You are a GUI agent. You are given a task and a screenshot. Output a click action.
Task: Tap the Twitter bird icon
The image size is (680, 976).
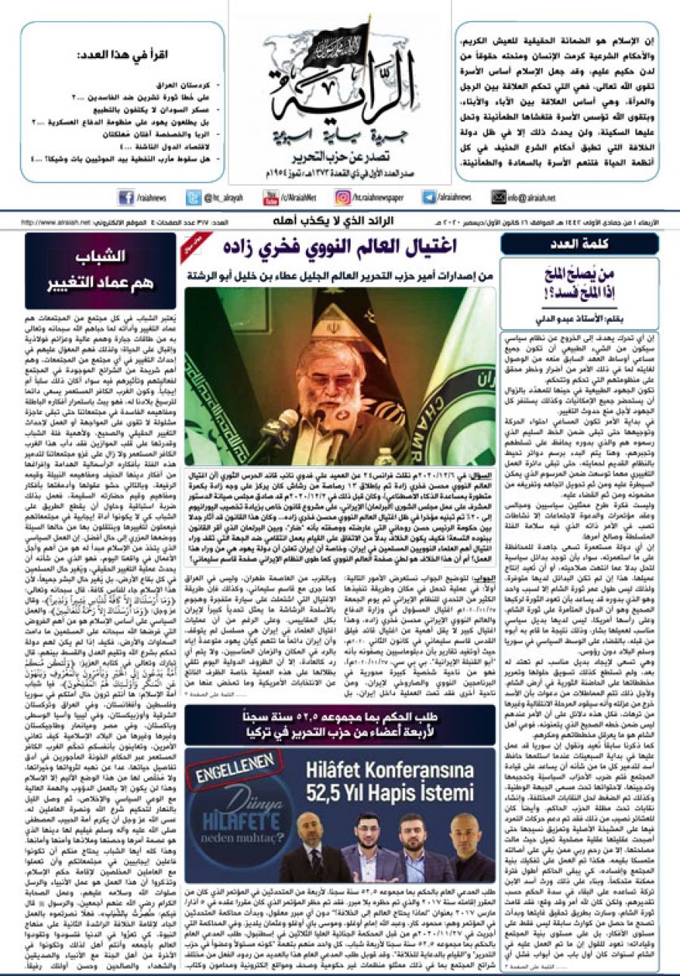[x=194, y=198]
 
